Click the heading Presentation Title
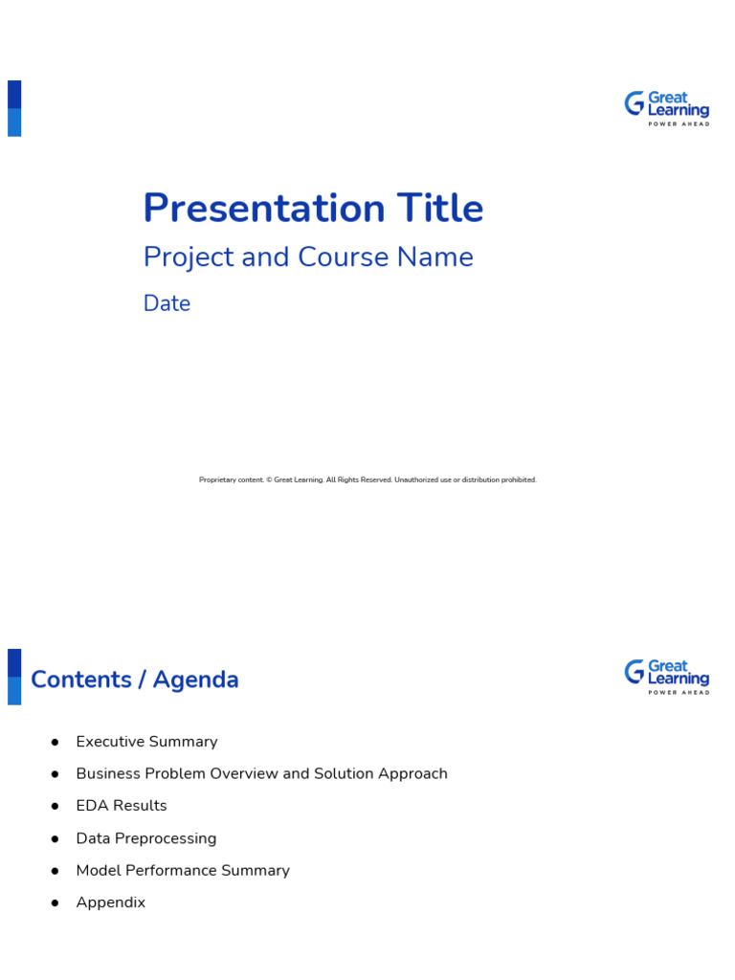(313, 209)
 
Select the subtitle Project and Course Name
(308, 257)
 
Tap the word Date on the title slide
(167, 303)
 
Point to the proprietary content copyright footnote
(367, 479)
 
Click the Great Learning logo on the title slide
(667, 109)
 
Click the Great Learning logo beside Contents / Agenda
(667, 678)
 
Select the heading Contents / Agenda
(135, 679)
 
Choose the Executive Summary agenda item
(146, 742)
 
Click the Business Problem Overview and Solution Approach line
(261, 773)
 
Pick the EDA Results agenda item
(122, 806)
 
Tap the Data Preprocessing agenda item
(146, 838)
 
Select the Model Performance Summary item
(183, 870)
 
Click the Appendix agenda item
(111, 902)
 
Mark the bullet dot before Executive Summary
(56, 742)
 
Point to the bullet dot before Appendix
(56, 902)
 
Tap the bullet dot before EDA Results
(56, 806)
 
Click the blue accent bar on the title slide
(14, 108)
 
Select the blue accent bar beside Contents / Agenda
(14, 677)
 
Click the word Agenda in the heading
(196, 679)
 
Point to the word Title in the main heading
(436, 209)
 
